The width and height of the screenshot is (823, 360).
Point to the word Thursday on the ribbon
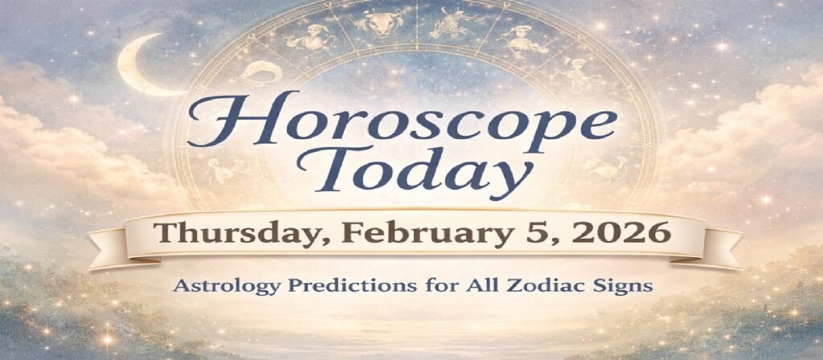[222, 234]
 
